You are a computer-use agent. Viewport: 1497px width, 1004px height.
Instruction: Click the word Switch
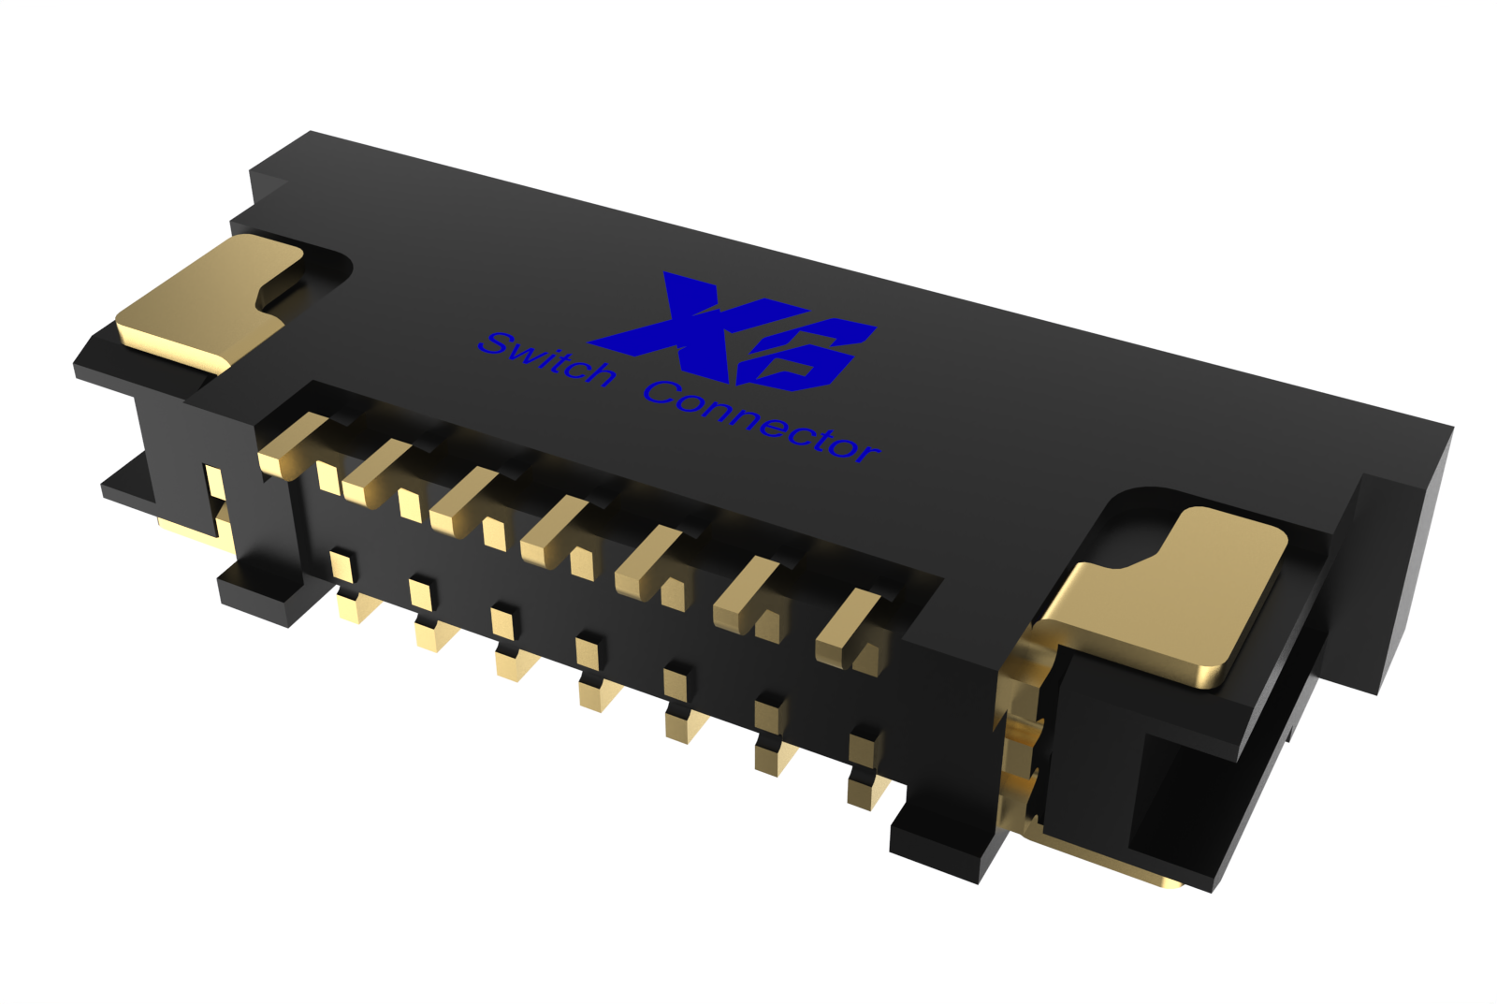point(547,359)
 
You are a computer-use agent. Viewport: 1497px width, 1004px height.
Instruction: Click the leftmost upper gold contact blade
point(290,445)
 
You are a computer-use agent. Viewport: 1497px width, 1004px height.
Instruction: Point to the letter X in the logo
point(678,323)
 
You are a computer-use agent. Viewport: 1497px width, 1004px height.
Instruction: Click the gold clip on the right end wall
point(1020,730)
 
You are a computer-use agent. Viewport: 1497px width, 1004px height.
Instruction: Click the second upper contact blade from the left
point(374,473)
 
